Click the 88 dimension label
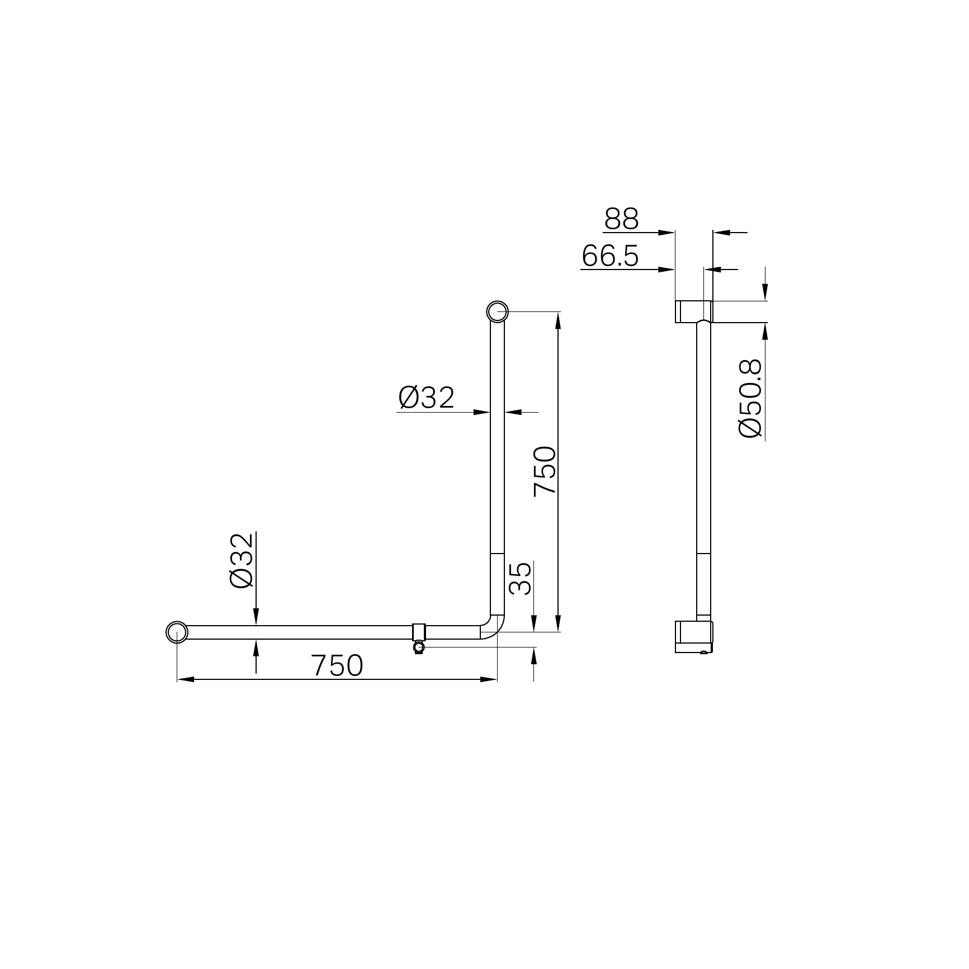[x=621, y=219]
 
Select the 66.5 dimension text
[x=610, y=257]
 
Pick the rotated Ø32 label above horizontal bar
[x=242, y=560]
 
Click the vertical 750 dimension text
[x=545, y=471]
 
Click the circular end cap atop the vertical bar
[x=497, y=311]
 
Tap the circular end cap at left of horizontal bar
[x=177, y=632]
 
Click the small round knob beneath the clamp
[x=419, y=647]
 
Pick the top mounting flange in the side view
[x=694, y=311]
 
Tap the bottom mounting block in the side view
[x=694, y=636]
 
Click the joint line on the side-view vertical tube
[x=703, y=554]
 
